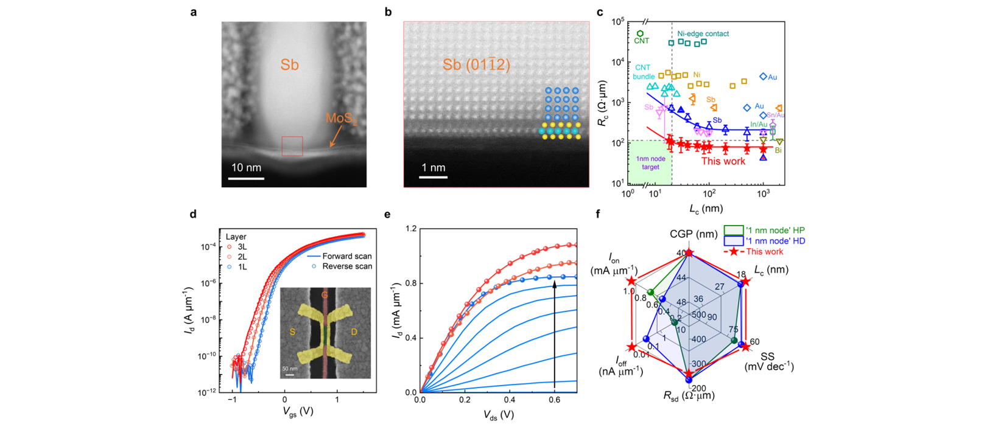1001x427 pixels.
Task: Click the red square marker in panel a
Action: pos(292,146)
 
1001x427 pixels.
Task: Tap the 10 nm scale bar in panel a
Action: pos(246,178)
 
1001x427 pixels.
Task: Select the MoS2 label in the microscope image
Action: pos(340,119)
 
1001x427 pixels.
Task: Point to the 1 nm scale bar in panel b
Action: pos(433,177)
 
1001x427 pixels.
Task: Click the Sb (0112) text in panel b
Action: pos(476,64)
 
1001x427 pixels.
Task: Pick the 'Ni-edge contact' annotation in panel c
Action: pos(703,34)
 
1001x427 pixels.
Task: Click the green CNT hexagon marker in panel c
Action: pos(640,34)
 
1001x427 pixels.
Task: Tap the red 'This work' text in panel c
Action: pos(723,161)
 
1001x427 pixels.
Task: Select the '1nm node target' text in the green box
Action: pos(650,163)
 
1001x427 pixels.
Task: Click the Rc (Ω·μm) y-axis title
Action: pos(602,103)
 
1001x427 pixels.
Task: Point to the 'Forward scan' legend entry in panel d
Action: pos(346,256)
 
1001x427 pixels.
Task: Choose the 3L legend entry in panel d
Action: pos(240,247)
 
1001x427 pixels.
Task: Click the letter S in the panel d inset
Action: pos(292,332)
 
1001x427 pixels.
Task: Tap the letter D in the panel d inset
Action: pos(354,332)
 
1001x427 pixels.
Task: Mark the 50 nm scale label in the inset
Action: pos(290,369)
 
